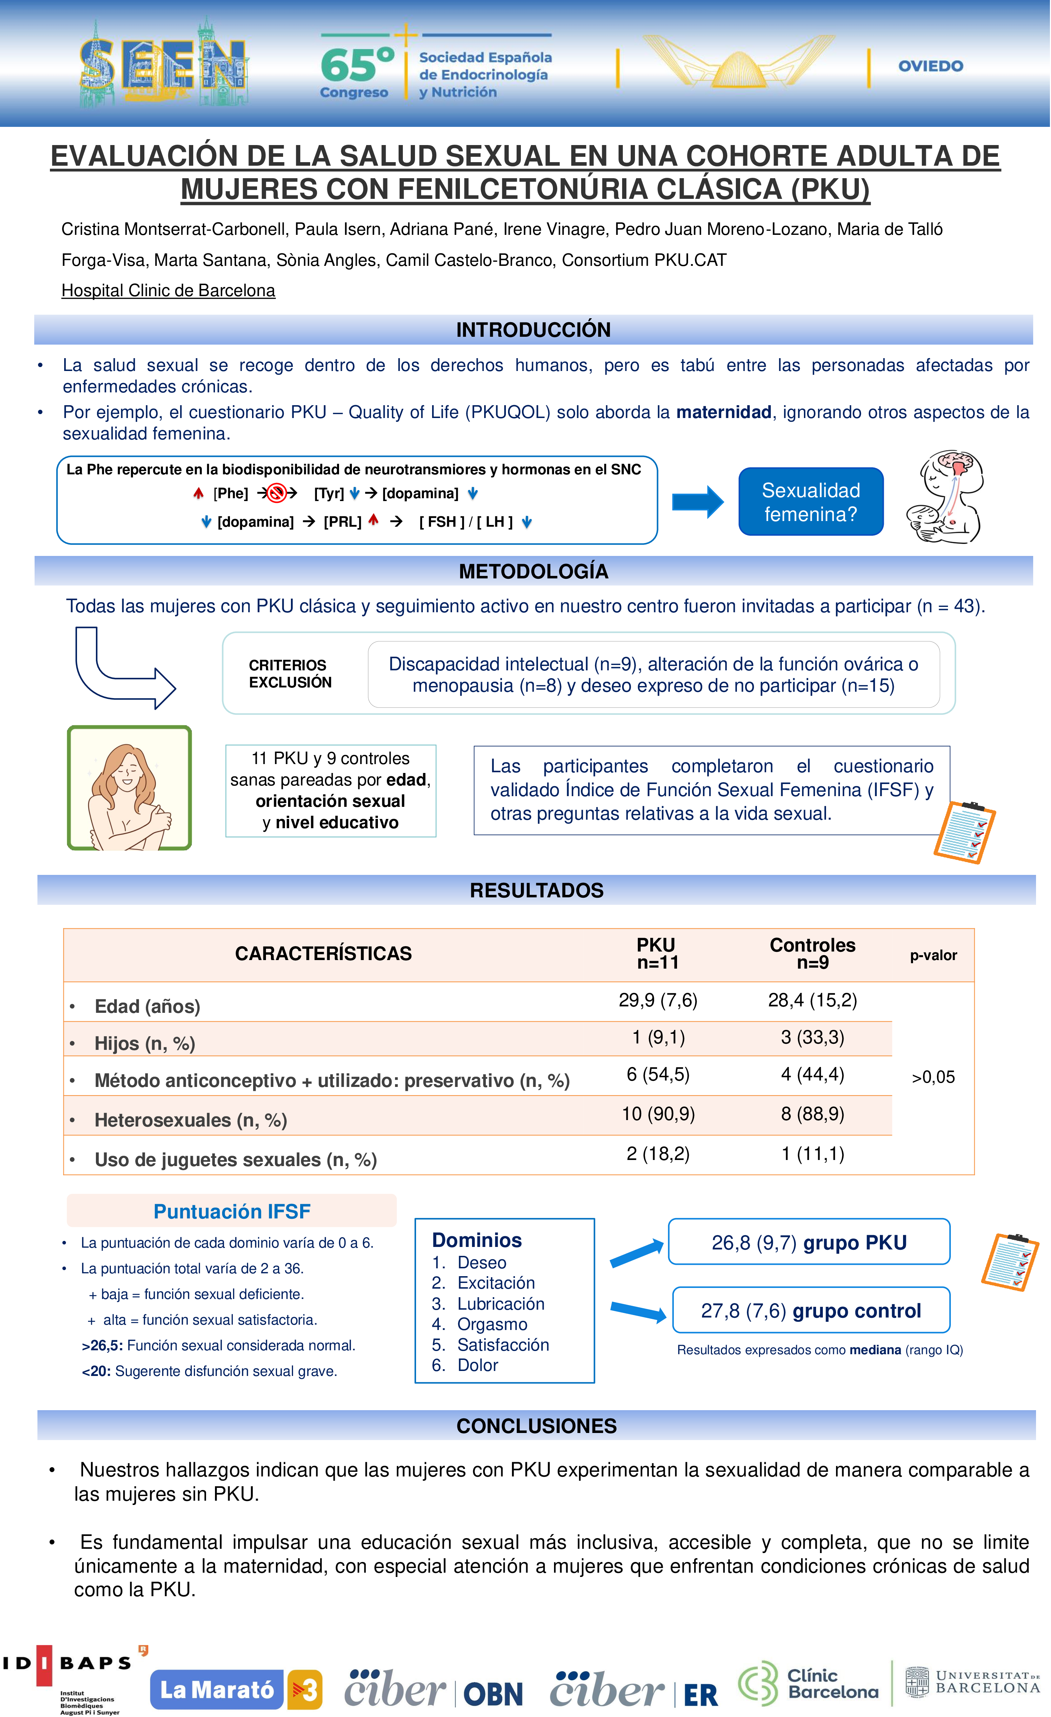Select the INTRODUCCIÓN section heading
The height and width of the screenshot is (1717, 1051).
point(533,330)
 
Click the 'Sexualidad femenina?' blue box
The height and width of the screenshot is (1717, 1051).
point(811,502)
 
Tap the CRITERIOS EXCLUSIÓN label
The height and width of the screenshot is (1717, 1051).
point(290,674)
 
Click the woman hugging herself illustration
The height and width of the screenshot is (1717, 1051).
point(129,788)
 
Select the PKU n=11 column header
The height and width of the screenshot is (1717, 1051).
point(657,953)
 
